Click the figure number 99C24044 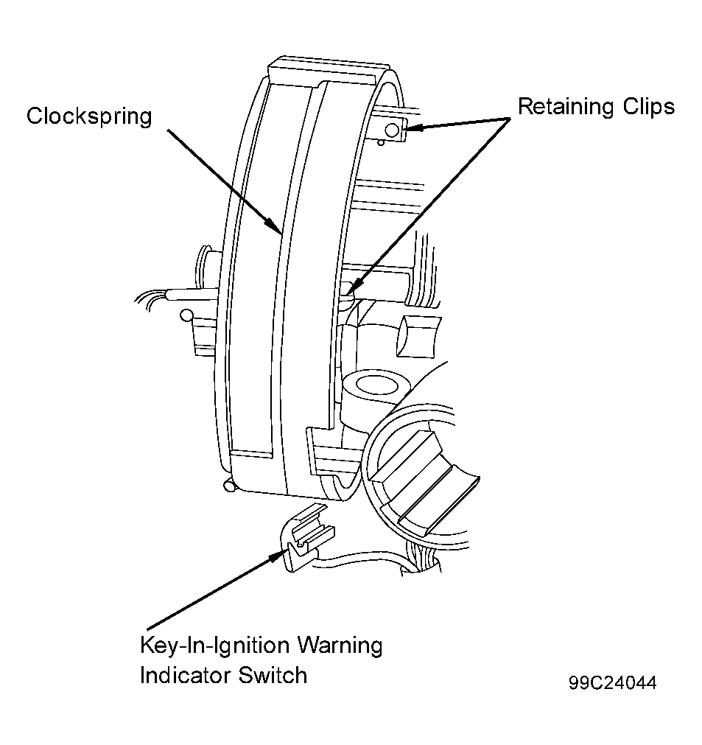coord(612,683)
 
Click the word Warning coord(340,646)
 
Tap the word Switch coord(273,675)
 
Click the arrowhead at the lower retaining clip coord(351,288)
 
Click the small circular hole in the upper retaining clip coord(392,130)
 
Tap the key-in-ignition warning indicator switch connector coord(307,538)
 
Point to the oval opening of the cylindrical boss coord(377,385)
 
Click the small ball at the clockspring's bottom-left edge coord(229,486)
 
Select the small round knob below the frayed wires coord(186,315)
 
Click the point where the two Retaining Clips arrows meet coord(509,118)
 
